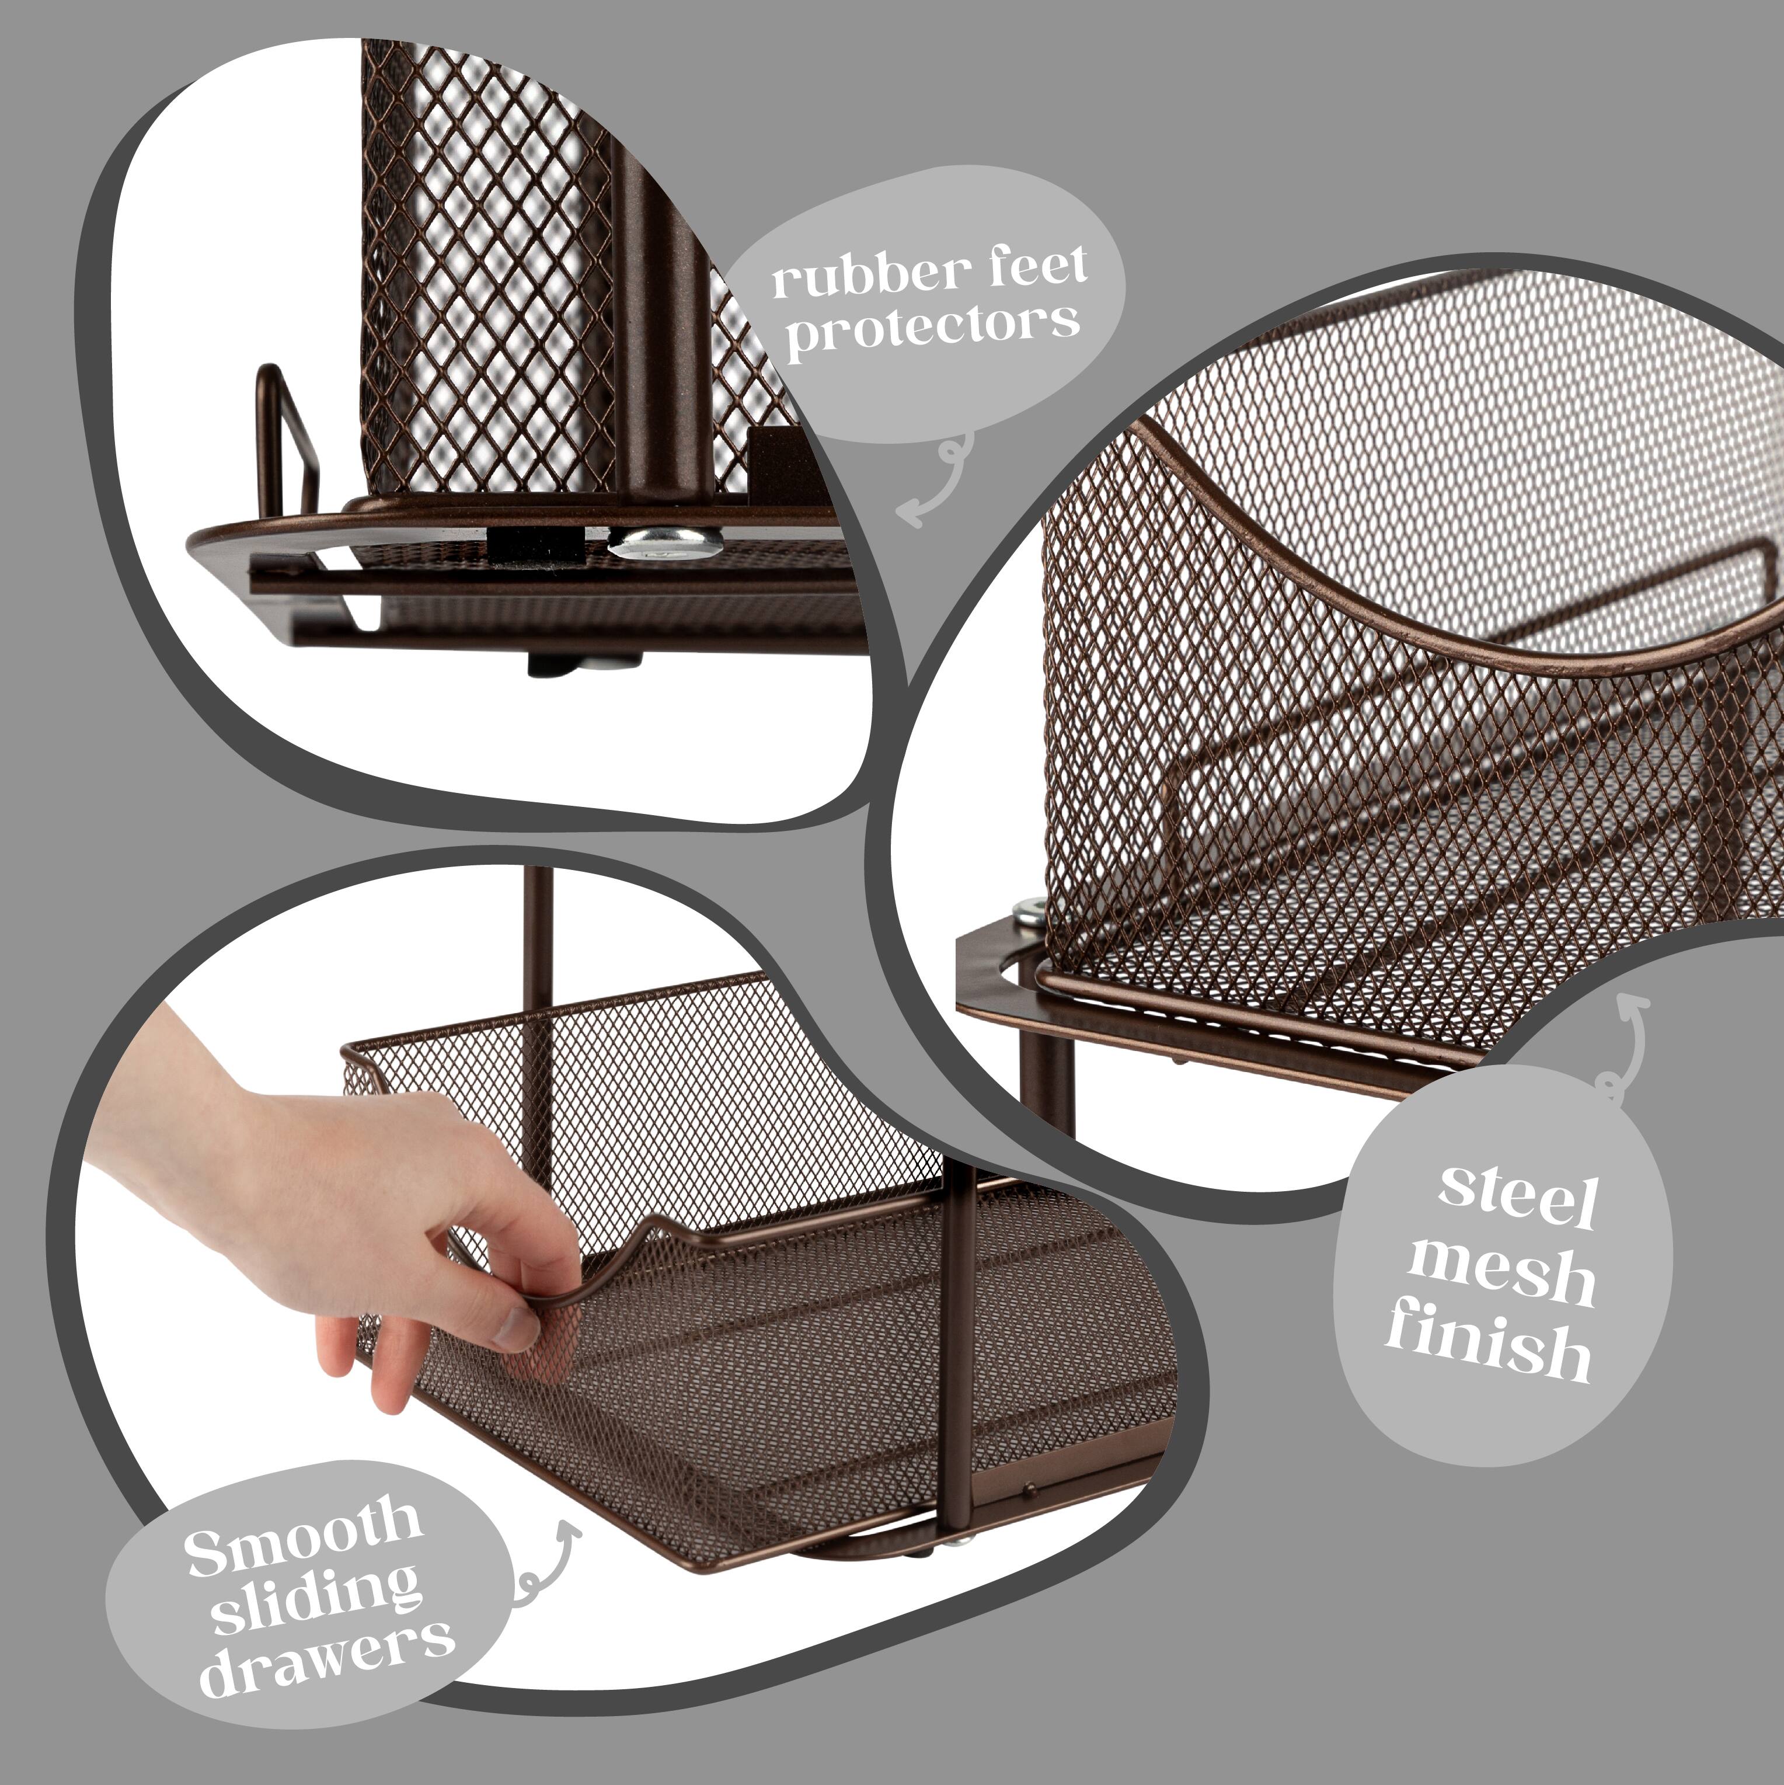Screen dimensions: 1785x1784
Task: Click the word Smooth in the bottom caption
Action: point(303,1539)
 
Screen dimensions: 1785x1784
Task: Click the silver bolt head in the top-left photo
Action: point(665,542)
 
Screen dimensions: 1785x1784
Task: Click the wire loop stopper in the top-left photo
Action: point(288,434)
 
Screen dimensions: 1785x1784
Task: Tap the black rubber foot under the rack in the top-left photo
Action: point(545,663)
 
